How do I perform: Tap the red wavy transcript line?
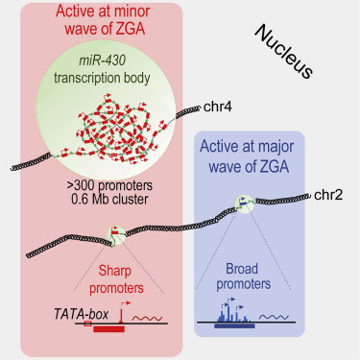click(x=147, y=315)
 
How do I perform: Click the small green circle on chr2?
click(x=246, y=202)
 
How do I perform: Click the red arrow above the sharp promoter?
click(x=121, y=307)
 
